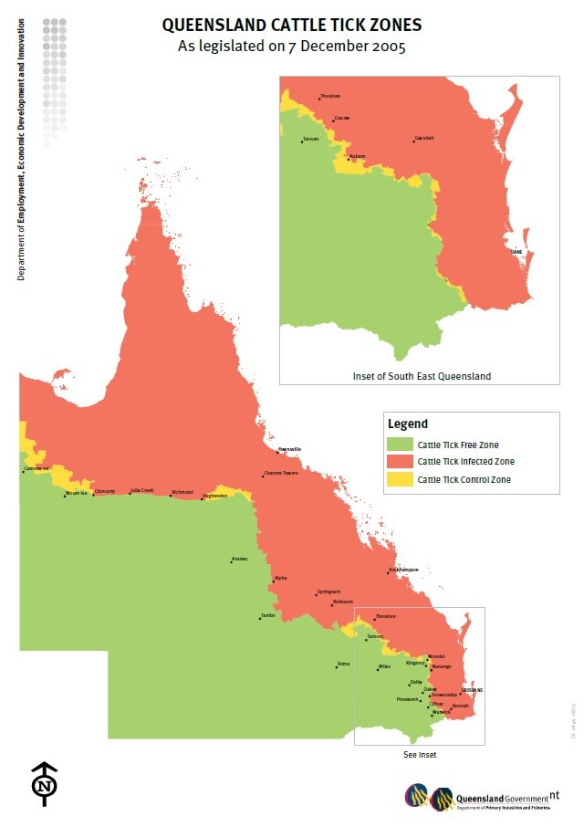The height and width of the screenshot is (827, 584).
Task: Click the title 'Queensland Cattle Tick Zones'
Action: pos(292,26)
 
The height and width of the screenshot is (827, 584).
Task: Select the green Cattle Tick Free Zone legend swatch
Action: pos(400,445)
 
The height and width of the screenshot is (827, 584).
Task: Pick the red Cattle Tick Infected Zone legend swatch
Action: pos(400,462)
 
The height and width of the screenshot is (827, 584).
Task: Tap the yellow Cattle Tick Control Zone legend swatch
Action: pos(400,479)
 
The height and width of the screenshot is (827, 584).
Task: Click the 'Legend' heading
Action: pos(407,424)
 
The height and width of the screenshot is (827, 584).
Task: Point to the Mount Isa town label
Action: pos(77,494)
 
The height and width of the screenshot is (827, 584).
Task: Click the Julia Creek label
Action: pos(141,490)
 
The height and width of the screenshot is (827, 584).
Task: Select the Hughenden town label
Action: pos(214,497)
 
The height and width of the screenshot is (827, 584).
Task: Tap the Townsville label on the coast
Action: pos(289,449)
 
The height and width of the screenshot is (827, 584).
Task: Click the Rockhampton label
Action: pos(402,570)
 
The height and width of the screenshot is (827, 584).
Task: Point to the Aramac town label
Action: pos(240,558)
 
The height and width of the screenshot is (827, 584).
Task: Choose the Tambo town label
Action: pos(267,615)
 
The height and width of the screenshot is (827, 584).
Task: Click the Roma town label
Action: pos(343,664)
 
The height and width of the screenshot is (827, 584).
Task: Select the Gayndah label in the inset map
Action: pos(424,138)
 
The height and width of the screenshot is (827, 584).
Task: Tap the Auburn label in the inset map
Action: pos(358,156)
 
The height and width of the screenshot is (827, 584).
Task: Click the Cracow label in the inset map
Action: pos(342,118)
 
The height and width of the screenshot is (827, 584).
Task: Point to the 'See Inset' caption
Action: pos(420,755)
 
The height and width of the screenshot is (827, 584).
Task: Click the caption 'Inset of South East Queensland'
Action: pos(422,376)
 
